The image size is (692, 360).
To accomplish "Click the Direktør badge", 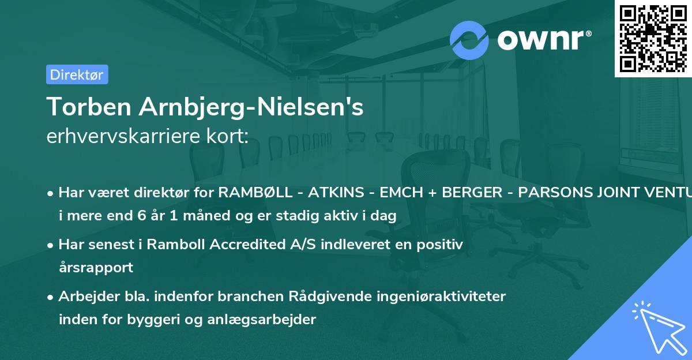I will [77, 74].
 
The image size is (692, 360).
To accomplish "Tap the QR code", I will [653, 38].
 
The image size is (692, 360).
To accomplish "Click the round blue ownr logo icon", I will [469, 40].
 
